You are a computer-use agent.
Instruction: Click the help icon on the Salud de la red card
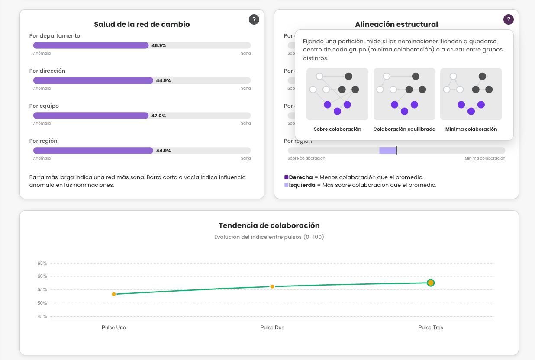pos(254,19)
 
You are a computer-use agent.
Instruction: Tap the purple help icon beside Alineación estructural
pos(509,19)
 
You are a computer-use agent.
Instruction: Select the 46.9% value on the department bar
pos(159,45)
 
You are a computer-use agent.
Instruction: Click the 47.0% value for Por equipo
pos(158,116)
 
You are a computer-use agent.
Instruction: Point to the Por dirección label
pos(47,71)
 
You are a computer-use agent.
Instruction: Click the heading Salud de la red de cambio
pos(142,24)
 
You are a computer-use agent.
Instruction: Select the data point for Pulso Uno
pos(114,294)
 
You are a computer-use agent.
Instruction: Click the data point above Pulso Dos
pos(272,286)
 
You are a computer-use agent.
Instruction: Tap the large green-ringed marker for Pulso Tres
pos(431,283)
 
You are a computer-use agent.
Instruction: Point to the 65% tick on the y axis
pos(42,263)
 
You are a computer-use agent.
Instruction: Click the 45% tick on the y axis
pos(42,316)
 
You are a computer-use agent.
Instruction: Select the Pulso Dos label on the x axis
pos(272,327)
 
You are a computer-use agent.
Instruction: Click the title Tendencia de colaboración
pos(269,225)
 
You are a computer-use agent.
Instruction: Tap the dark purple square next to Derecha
pos(287,177)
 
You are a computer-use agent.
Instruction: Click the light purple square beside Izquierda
pos(287,185)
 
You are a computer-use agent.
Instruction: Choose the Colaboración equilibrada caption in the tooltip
pos(404,129)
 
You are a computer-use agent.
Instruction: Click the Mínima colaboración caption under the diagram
pos(471,129)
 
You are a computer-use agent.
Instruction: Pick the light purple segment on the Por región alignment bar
pos(388,151)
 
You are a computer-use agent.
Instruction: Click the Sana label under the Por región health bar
pos(246,158)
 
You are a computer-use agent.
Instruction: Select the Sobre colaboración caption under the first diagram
pos(337,129)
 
